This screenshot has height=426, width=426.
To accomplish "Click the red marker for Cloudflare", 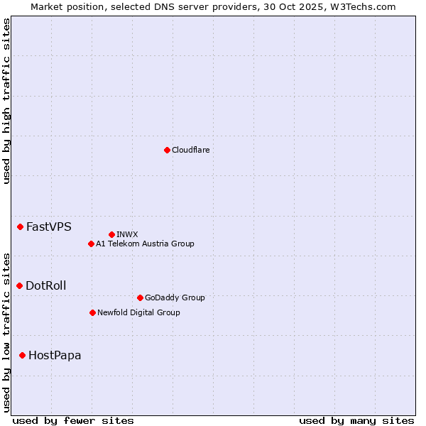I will click(167, 150).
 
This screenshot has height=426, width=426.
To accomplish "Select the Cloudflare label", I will click(191, 150).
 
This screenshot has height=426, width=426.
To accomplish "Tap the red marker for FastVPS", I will click(20, 227).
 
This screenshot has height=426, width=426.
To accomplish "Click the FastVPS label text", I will click(49, 227).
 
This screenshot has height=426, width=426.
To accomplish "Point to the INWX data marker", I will click(111, 234).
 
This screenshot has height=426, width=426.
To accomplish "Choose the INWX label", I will click(128, 234).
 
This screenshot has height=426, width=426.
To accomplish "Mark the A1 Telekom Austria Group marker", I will click(91, 244).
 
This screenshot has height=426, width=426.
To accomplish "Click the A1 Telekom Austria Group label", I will click(146, 244).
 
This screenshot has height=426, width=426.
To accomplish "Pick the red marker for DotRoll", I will click(19, 286).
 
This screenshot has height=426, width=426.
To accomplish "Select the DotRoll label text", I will click(46, 286).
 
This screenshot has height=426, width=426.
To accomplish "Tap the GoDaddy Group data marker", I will click(140, 297).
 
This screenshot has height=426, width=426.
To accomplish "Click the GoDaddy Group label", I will click(175, 297).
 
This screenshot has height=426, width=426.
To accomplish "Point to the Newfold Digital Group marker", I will click(92, 312).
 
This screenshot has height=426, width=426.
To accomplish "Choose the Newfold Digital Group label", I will click(139, 312).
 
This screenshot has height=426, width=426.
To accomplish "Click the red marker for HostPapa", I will click(22, 355).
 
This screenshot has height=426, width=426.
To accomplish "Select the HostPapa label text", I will click(55, 355).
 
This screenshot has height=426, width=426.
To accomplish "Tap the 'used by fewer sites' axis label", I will click(73, 420).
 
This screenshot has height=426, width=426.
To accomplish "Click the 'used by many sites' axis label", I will click(356, 420).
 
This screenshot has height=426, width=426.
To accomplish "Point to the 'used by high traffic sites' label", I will click(6, 101).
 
